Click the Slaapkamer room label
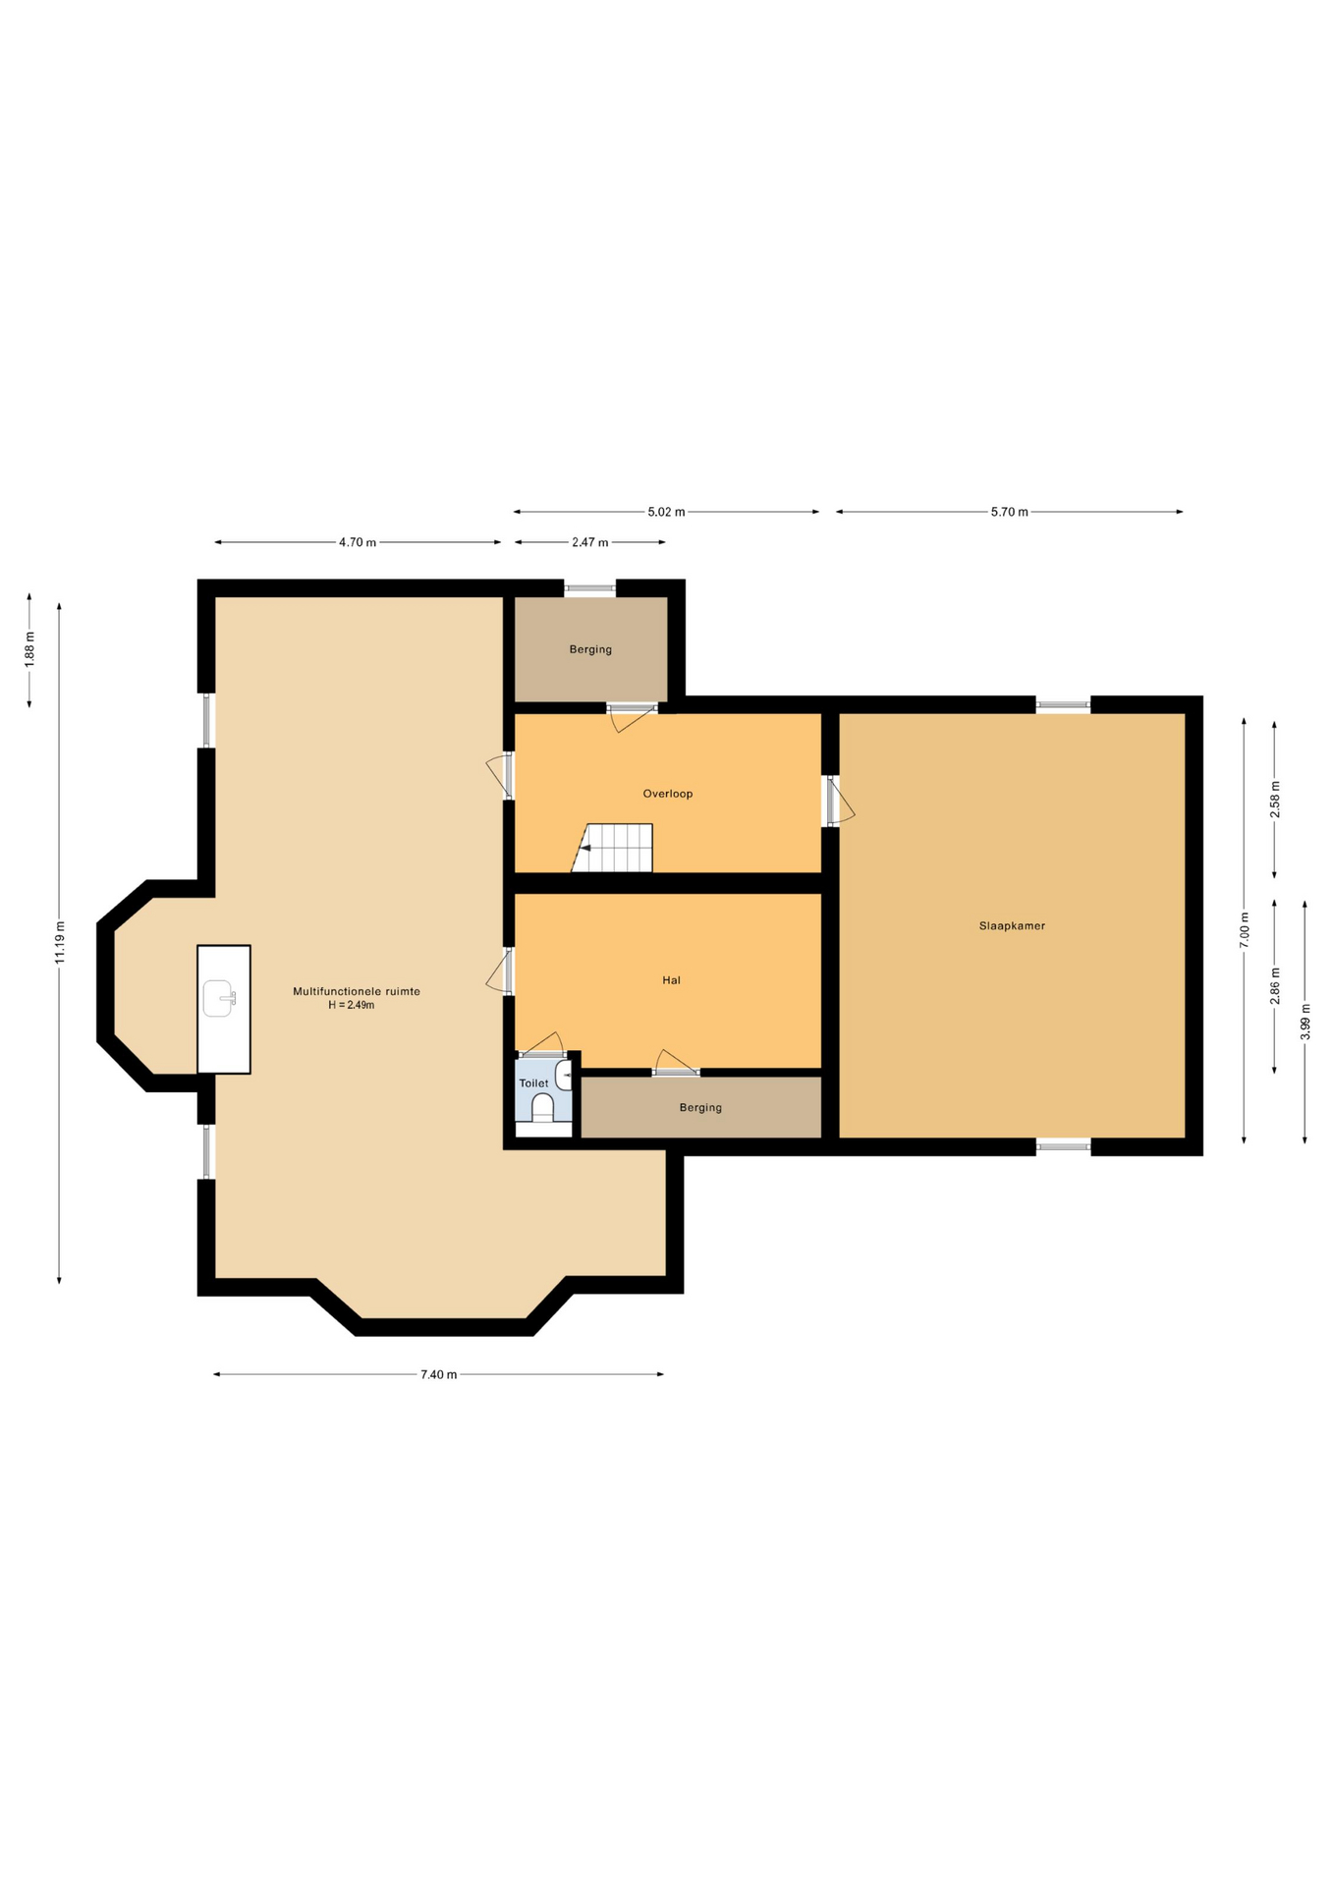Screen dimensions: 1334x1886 pos(1012,925)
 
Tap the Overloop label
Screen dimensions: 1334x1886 pos(668,794)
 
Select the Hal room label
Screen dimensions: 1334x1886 pos(671,980)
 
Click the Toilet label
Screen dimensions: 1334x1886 pos(534,1083)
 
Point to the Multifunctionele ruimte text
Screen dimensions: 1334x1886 pos(357,991)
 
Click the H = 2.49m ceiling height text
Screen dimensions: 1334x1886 pos(352,1005)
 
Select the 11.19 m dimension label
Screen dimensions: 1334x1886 pos(60,942)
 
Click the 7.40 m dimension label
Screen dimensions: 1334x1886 pos(439,1374)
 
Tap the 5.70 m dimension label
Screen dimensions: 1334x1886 pos(1010,512)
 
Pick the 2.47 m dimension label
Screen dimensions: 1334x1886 pos(590,542)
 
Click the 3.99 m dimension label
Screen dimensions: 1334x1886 pos(1306,1022)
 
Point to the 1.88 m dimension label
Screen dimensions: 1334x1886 pos(29,649)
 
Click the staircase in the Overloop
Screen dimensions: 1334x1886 pos(613,848)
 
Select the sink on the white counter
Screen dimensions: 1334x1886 pos(219,998)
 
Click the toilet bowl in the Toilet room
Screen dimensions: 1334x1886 pos(543,1107)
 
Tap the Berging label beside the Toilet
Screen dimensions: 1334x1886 pos(700,1108)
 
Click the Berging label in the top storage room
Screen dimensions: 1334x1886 pos(590,649)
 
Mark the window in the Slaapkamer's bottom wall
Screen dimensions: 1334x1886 pos(1064,1146)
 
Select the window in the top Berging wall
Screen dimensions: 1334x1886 pos(590,588)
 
